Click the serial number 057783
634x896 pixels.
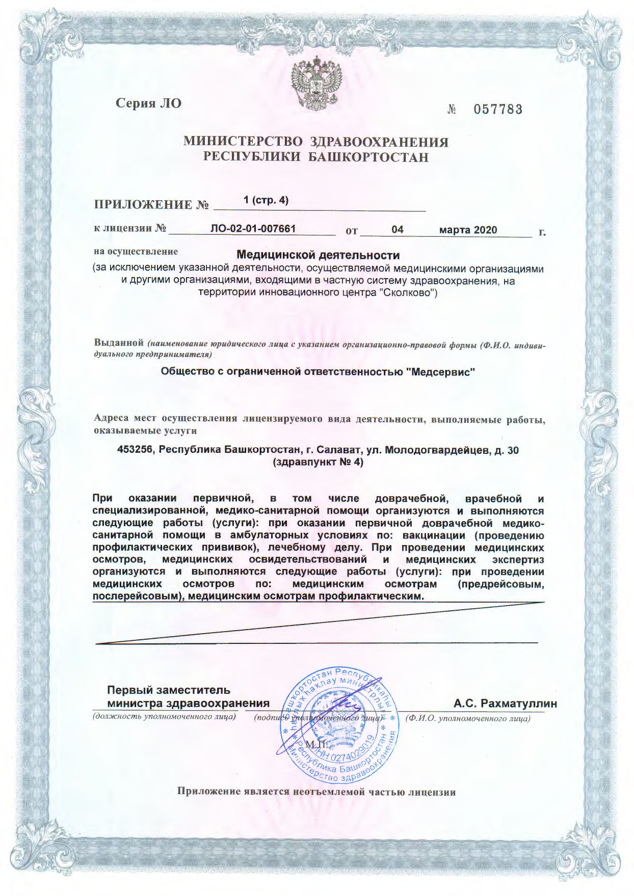pos(498,109)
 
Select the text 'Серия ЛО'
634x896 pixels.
pos(148,103)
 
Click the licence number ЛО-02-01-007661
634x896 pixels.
pos(253,229)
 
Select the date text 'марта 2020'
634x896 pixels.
pos(468,230)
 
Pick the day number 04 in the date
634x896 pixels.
pos(398,230)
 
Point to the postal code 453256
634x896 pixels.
pos(136,450)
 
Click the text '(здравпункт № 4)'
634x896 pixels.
pos(319,463)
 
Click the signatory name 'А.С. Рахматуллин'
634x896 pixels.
pos(505,703)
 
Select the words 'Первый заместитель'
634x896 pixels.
pos(169,690)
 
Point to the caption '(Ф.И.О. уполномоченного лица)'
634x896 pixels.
pos(468,718)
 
